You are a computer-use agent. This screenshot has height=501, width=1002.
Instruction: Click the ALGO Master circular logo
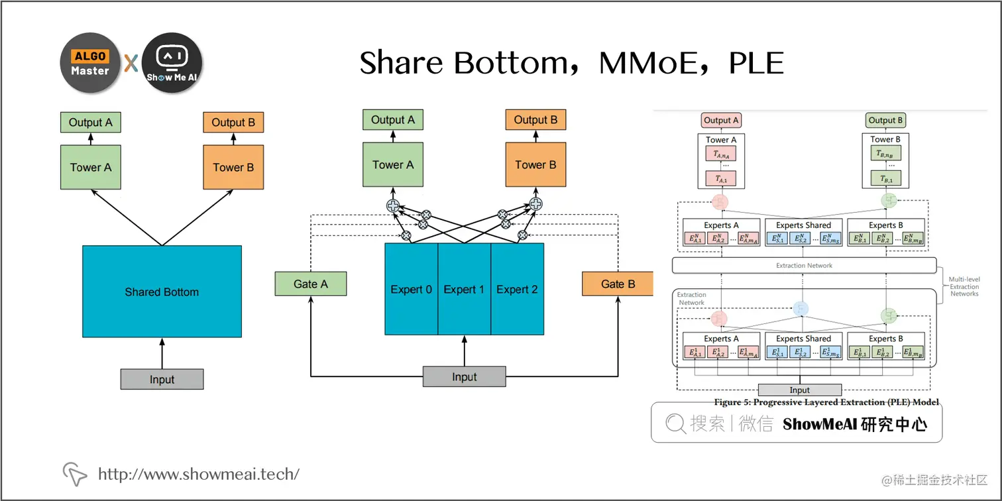click(x=90, y=63)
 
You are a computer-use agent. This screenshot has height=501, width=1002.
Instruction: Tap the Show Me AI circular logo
click(x=172, y=63)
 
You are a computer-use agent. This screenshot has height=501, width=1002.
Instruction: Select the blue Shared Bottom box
click(x=162, y=292)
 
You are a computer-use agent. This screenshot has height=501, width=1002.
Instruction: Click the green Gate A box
click(x=310, y=284)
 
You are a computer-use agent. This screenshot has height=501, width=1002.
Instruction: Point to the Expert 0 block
click(x=411, y=290)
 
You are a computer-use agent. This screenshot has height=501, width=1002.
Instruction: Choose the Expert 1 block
click(x=464, y=290)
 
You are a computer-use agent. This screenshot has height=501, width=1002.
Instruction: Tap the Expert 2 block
click(x=517, y=290)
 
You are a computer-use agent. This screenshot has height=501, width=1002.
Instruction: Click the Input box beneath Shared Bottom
click(x=162, y=379)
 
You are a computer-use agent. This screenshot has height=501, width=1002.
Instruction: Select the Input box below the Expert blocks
click(x=464, y=376)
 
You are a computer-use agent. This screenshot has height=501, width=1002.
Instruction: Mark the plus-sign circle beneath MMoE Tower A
click(x=393, y=205)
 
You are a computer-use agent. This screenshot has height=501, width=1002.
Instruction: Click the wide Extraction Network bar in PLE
click(x=804, y=266)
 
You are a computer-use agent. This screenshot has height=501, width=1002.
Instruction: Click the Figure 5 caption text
click(x=826, y=402)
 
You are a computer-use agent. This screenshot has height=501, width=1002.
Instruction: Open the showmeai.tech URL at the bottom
click(x=199, y=474)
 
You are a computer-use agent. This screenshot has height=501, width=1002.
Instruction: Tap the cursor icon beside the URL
click(x=75, y=473)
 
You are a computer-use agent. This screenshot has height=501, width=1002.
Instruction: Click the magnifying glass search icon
click(x=675, y=423)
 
